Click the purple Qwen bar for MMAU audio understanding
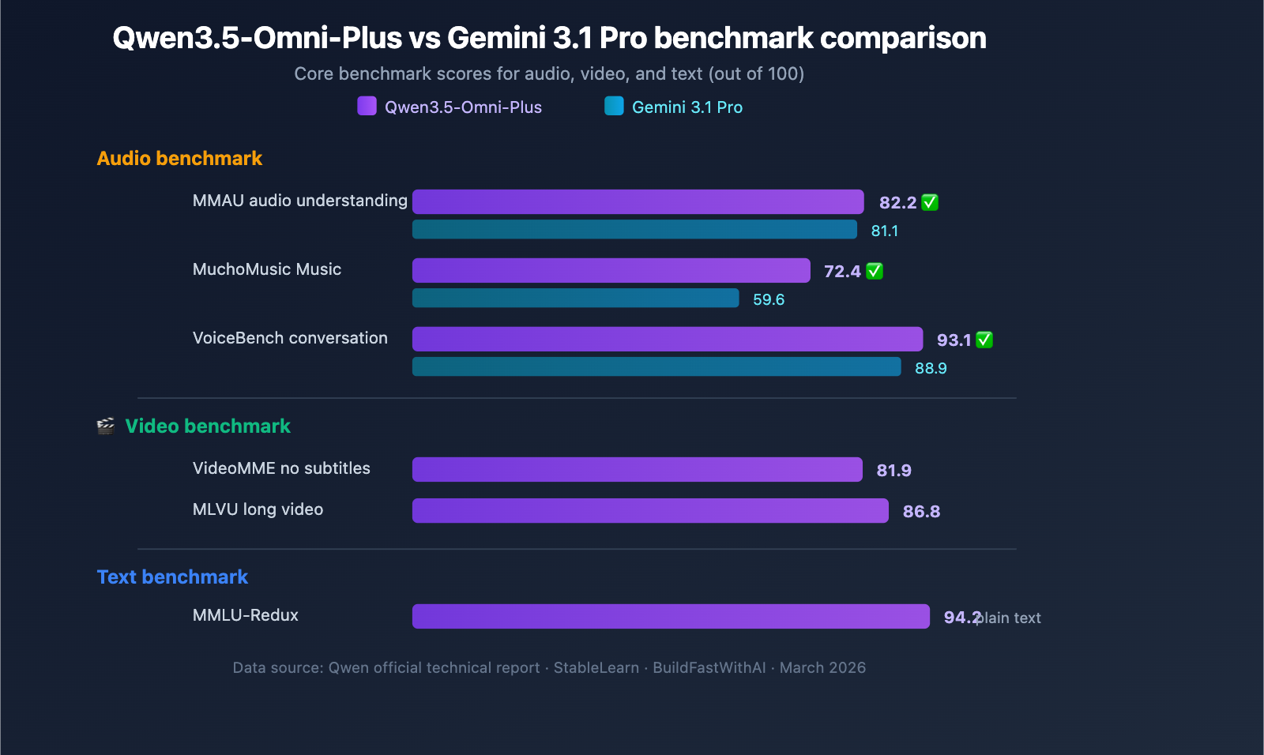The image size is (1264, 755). coord(638,202)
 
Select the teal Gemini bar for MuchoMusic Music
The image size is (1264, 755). coord(575,299)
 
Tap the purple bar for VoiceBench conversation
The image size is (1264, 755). coord(667,340)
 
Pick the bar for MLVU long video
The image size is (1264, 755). coord(650,511)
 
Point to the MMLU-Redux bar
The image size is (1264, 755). coord(671,617)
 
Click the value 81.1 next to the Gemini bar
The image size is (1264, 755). coord(884,231)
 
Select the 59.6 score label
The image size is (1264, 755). coord(768,300)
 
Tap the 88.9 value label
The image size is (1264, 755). coord(931,369)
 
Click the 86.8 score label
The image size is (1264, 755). coord(921,512)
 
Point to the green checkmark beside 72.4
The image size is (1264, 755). coord(875,272)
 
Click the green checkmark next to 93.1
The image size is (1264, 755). coord(984,340)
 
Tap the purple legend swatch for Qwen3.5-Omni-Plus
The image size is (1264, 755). coord(367,106)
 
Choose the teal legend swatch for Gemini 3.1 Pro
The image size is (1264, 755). coord(614,106)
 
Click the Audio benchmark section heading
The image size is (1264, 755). coord(179,159)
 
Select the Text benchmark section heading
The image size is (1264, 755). coord(172,577)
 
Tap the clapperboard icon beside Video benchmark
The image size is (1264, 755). coord(106,426)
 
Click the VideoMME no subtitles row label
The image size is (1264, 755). coord(281,468)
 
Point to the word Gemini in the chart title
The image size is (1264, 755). coord(495,38)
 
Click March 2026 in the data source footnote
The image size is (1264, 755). coord(822,668)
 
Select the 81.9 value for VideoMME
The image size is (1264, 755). coord(893,471)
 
